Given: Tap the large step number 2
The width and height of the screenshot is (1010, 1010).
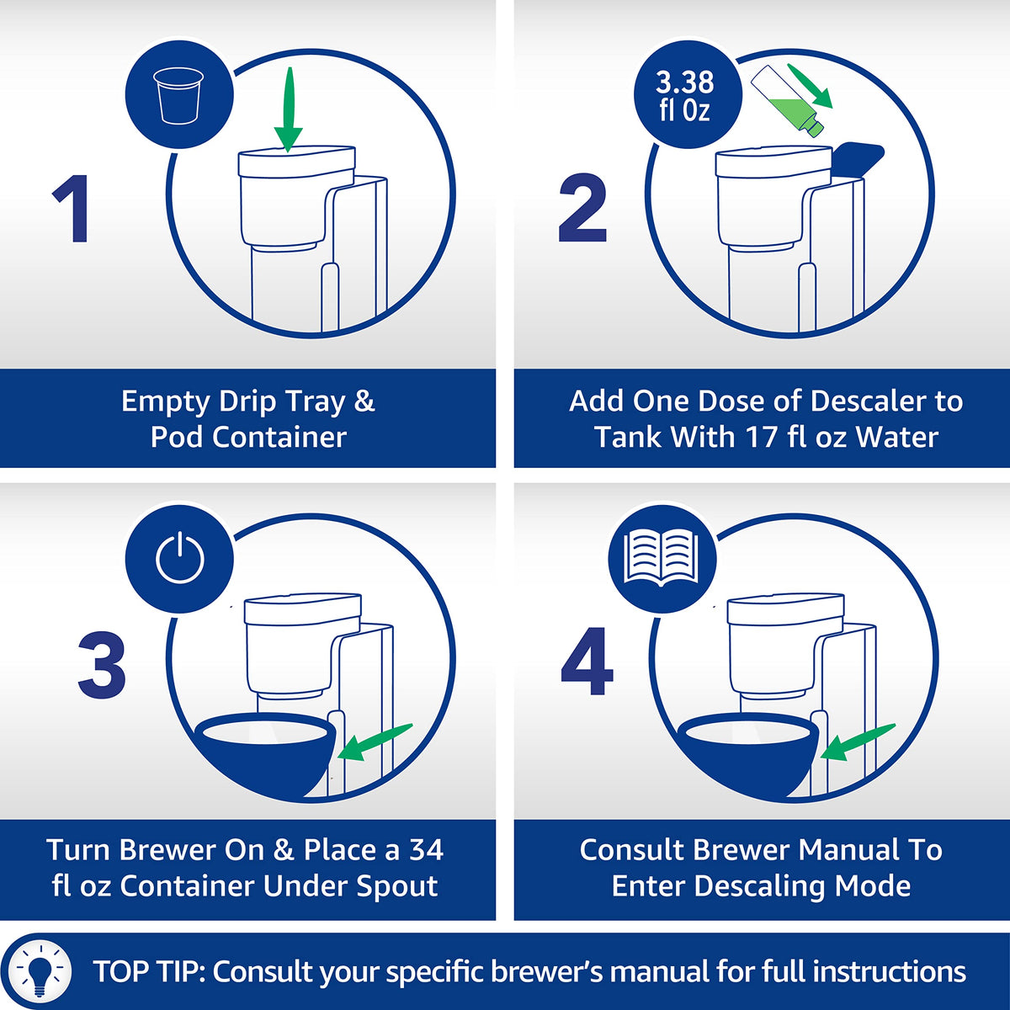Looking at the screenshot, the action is pos(582,209).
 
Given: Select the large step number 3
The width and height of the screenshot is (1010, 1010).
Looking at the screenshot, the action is pos(102,666).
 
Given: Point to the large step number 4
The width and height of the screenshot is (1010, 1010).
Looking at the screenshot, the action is pos(587,662).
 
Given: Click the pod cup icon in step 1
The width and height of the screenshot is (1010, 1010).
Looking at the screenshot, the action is pos(178,95).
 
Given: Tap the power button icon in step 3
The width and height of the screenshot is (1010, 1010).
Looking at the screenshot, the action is pos(180,557).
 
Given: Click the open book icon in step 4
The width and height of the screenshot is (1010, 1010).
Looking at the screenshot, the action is pos(662,556).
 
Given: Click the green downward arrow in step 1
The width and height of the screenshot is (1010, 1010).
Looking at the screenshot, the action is pos(289,109).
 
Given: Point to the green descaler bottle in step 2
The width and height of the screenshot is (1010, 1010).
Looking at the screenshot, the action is pos(787,102).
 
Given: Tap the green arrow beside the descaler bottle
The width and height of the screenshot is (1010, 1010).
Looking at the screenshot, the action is pos(810,86).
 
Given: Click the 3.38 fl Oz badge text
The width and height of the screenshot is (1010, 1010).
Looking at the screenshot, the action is pos(684,96).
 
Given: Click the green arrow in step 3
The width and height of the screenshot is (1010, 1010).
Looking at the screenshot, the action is pos(375,742).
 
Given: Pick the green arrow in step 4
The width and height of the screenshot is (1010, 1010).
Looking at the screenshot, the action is pos(858,742).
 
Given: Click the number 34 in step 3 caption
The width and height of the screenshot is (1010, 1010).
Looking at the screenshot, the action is pos(426,850).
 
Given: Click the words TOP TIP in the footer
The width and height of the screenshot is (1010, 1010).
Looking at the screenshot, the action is pos(149,970).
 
